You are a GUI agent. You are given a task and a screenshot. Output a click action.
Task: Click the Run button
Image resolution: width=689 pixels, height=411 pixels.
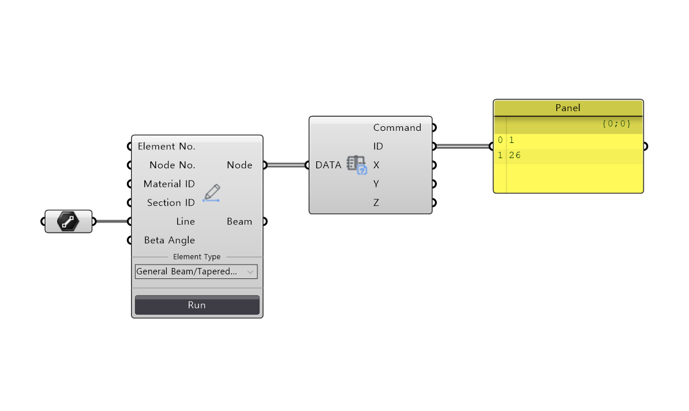point(197,305)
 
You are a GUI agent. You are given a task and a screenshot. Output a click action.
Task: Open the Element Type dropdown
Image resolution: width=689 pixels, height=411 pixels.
point(196,272)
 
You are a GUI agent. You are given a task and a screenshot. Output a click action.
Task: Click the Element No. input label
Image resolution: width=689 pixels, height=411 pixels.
point(166,146)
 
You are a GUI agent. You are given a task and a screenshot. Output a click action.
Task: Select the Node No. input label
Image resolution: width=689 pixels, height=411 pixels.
point(172,165)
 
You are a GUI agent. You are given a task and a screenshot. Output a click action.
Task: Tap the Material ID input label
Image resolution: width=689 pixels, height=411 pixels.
point(169,184)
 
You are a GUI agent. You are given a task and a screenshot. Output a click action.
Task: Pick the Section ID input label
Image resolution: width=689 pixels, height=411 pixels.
point(171,203)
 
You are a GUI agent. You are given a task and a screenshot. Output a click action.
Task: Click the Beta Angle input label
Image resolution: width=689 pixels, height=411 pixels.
point(169,240)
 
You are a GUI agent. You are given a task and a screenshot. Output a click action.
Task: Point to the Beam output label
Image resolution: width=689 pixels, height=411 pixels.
point(239,222)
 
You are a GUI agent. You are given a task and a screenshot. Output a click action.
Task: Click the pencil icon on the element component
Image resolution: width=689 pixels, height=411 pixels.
point(211,193)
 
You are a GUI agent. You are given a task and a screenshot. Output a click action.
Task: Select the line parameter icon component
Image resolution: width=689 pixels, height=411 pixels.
point(68,221)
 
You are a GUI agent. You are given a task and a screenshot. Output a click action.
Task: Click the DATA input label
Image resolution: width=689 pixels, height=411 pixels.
point(328,165)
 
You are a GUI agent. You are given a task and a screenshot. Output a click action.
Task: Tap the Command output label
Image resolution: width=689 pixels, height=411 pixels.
point(397,128)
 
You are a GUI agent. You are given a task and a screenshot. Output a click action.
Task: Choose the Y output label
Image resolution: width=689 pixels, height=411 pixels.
point(376,184)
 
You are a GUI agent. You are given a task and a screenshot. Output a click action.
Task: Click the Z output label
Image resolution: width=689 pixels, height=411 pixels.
point(376,203)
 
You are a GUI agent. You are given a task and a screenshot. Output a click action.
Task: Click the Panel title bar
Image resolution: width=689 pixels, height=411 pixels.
point(568,108)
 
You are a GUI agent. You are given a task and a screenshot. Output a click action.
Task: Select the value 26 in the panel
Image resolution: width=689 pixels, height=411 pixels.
point(515,156)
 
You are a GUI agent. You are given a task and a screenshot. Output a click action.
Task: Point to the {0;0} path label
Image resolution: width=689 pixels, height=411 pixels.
point(616,124)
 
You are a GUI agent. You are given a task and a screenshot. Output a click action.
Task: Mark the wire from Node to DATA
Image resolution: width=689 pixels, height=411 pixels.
point(286,165)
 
